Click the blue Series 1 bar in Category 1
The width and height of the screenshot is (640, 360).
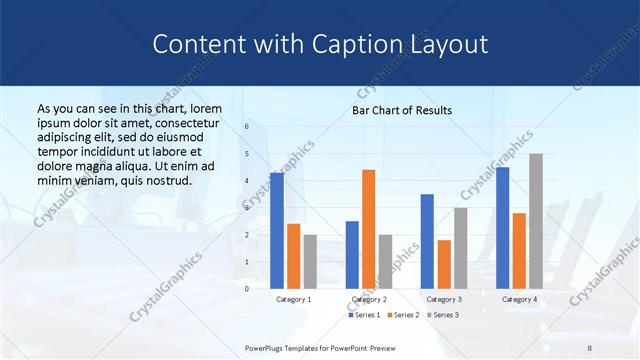[x=277, y=231]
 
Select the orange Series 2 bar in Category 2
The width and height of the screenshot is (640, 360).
[x=368, y=229]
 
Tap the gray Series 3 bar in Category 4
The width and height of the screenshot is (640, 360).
[x=536, y=221]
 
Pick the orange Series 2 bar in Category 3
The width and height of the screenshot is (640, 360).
[x=444, y=264]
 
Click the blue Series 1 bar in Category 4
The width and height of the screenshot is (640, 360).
[x=502, y=228]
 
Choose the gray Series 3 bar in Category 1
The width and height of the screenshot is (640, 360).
[x=310, y=262]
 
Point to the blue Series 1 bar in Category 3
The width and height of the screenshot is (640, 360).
[x=427, y=241]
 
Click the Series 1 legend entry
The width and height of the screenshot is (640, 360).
[x=363, y=315]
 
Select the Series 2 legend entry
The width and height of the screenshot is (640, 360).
[x=402, y=315]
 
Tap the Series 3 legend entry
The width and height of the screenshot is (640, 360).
[x=442, y=315]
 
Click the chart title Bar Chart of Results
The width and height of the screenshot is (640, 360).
[x=402, y=110]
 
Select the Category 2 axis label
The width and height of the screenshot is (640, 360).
[x=368, y=299]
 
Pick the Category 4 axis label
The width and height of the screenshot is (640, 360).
[x=519, y=299]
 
